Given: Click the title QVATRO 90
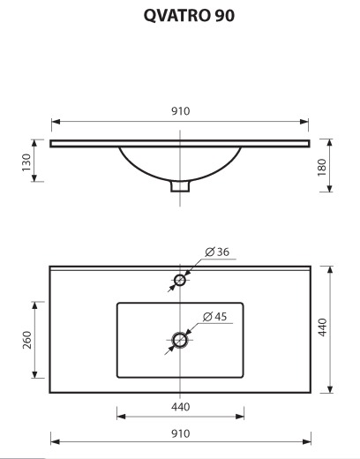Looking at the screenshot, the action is point(189,16).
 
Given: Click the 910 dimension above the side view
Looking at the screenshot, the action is point(180,111).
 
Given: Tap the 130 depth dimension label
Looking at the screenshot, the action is point(26,162).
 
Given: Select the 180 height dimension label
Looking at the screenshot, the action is point(322,167).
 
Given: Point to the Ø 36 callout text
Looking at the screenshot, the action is point(217,252).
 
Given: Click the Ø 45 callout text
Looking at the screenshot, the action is point(215,317).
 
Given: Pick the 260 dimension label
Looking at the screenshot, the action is point(27,340).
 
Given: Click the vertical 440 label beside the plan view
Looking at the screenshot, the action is point(323,327).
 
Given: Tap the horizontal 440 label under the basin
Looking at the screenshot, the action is point(180,407).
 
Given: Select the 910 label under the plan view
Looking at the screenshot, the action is point(180,433).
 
